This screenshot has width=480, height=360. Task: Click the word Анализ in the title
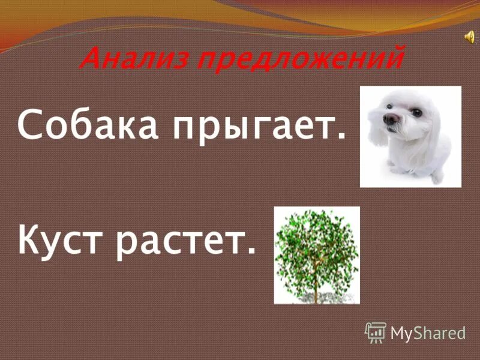(x=134, y=58)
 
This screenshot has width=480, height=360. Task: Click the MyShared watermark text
(x=428, y=334)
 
